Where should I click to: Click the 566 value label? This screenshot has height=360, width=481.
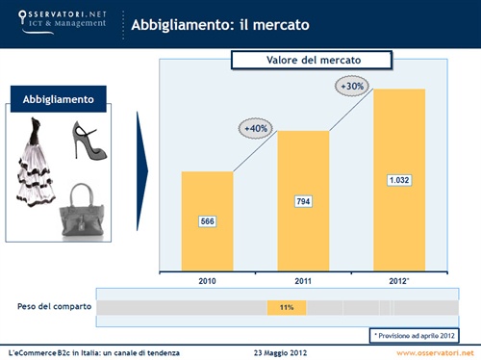[x=207, y=221]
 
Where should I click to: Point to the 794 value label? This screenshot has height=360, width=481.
[x=302, y=201]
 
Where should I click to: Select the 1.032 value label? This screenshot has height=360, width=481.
[x=398, y=180]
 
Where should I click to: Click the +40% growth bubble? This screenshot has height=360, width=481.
[x=256, y=128]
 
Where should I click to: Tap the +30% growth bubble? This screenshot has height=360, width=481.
[x=351, y=87]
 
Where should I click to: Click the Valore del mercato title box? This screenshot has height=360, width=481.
[x=311, y=61]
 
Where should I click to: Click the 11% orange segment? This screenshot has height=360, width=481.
[x=287, y=307]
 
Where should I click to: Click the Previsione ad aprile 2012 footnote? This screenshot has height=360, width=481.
[x=416, y=334]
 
